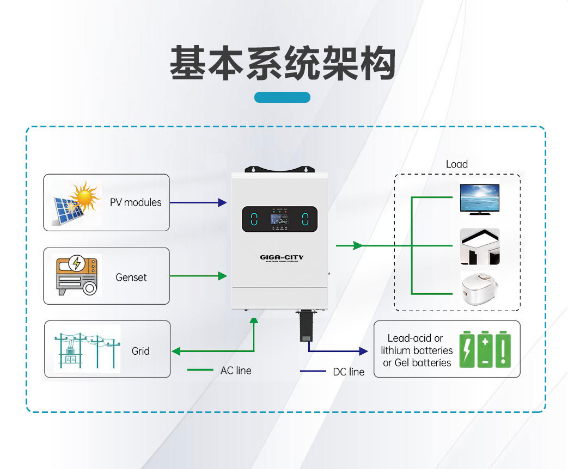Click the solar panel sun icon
pyautogui.click(x=77, y=202)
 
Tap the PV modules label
pyautogui.click(x=136, y=202)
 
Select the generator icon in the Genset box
pyautogui.click(x=77, y=276)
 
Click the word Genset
pyautogui.click(x=131, y=277)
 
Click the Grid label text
pyautogui.click(x=141, y=351)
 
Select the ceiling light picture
pyautogui.click(x=479, y=246)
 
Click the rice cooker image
pyautogui.click(x=479, y=291)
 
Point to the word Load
pyautogui.click(x=456, y=164)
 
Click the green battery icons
pyautogui.click(x=485, y=349)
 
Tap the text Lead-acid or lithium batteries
pyautogui.click(x=417, y=350)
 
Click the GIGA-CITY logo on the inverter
pyautogui.click(x=282, y=257)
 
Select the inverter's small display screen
pyautogui.click(x=279, y=220)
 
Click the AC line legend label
pyautogui.click(x=236, y=371)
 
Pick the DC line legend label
pyautogui.click(x=349, y=372)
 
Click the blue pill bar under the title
pyautogui.click(x=282, y=97)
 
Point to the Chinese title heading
pyautogui.click(x=282, y=64)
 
